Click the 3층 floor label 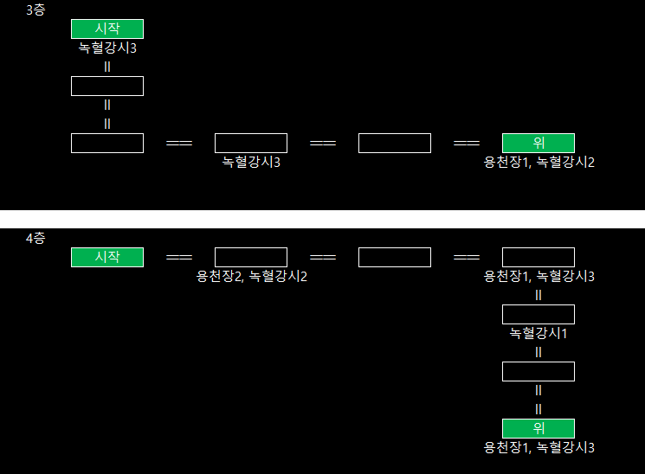click(35, 10)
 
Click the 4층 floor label click(35, 238)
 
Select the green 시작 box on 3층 click(107, 29)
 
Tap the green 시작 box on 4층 click(107, 257)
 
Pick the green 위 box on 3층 click(539, 144)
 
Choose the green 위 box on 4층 click(539, 428)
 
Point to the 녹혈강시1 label click(539, 333)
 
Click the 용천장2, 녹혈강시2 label click(252, 277)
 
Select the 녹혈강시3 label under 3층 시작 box click(107, 48)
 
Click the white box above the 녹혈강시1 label click(539, 314)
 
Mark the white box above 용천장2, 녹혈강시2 click(251, 257)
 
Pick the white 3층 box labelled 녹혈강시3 click(251, 144)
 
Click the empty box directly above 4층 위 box click(539, 371)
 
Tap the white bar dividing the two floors click(322, 219)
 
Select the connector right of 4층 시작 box click(179, 258)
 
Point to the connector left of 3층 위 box click(467, 144)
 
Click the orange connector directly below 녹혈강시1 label click(539, 352)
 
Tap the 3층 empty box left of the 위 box click(395, 144)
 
